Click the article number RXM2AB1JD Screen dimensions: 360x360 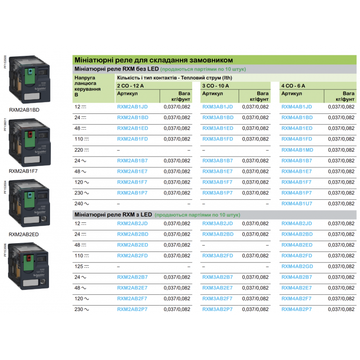tap(132, 107)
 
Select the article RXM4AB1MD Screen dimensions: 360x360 tap(297, 150)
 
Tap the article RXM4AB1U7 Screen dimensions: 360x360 tap(297, 204)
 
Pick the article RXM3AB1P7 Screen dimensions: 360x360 tap(217, 193)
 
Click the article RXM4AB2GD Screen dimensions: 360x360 tap(297, 266)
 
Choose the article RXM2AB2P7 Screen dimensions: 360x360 tap(132, 310)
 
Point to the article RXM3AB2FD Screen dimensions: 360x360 tap(217, 256)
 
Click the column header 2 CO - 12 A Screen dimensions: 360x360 tap(130, 85)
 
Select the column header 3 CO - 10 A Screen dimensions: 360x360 tap(216, 85)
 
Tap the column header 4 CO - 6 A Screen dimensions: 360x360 tap(293, 85)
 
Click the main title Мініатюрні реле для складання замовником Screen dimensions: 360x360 tap(153, 59)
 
